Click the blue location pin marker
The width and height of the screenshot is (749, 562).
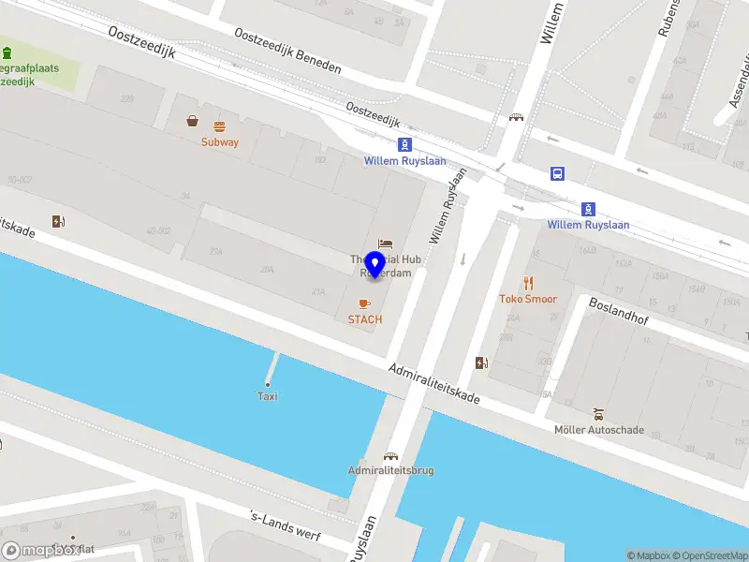pyautogui.click(x=374, y=265)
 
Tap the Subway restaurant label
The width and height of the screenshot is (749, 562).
pyautogui.click(x=220, y=142)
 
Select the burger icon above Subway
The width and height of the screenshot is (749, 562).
pyautogui.click(x=220, y=126)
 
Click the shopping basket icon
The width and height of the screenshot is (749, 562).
pyautogui.click(x=192, y=121)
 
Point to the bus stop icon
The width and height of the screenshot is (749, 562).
pyautogui.click(x=557, y=172)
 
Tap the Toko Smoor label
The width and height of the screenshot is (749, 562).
pyautogui.click(x=528, y=299)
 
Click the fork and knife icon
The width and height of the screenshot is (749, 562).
pyautogui.click(x=528, y=282)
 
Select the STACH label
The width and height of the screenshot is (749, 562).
pyautogui.click(x=365, y=319)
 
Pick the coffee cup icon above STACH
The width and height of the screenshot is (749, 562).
pyautogui.click(x=365, y=303)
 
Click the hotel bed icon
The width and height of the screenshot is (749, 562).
pyautogui.click(x=385, y=244)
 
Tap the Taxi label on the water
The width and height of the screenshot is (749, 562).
pyautogui.click(x=268, y=396)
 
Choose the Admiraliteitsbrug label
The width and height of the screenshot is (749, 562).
pyautogui.click(x=390, y=470)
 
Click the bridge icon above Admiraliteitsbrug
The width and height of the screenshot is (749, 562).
pyautogui.click(x=389, y=456)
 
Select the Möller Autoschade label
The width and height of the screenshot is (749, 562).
pyautogui.click(x=598, y=430)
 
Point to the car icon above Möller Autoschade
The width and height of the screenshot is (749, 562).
pyautogui.click(x=598, y=414)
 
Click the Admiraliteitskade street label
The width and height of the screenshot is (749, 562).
pyautogui.click(x=434, y=384)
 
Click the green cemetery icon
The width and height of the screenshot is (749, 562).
pyautogui.click(x=7, y=52)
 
